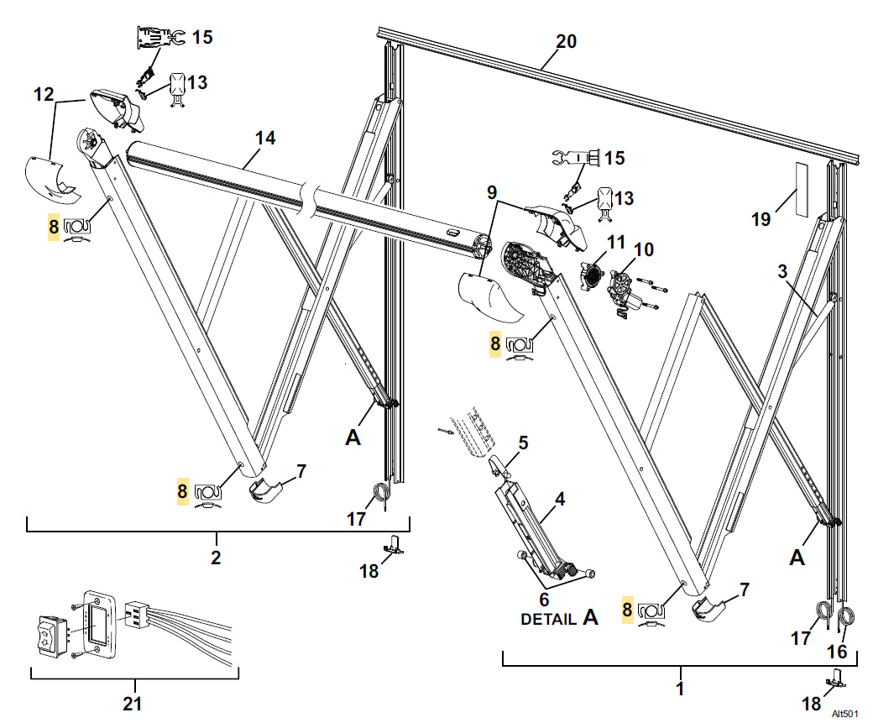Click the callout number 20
[566, 40]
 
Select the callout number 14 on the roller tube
[264, 139]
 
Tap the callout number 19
[761, 220]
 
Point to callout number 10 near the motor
[644, 249]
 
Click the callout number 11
[617, 243]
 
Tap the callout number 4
[558, 499]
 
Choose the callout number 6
[544, 600]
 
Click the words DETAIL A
[559, 619]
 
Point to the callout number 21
[133, 704]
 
